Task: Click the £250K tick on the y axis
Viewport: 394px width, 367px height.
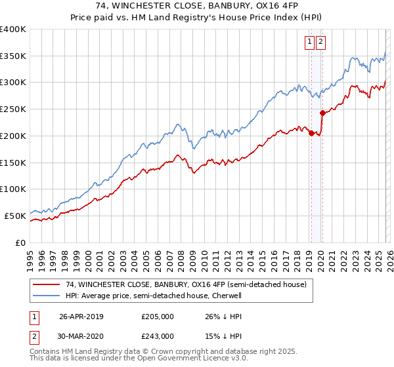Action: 13,109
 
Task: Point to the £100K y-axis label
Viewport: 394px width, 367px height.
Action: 13,189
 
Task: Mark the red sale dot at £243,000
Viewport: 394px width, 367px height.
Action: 322,113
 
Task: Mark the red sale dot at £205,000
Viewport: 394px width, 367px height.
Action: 311,133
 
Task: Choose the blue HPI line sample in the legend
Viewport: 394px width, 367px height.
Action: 47,296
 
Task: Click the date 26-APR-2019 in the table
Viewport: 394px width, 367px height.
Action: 81,316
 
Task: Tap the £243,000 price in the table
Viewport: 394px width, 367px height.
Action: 157,336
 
